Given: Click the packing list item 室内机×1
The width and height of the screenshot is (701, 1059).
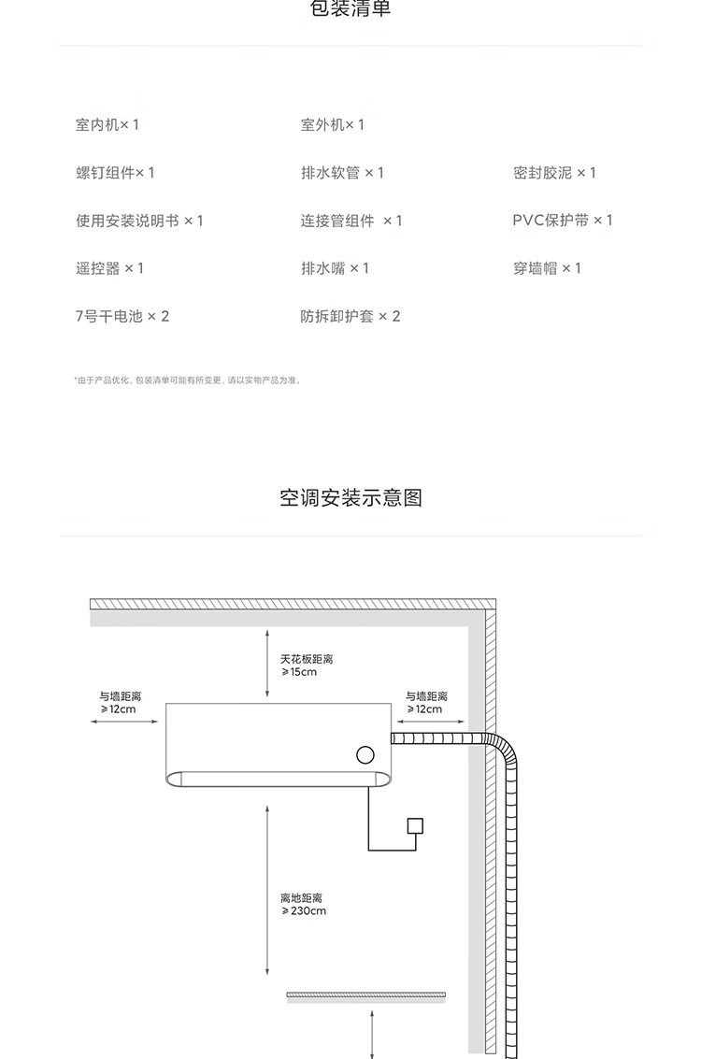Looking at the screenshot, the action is click(107, 125).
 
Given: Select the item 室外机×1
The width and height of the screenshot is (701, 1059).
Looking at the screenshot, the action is click(333, 125).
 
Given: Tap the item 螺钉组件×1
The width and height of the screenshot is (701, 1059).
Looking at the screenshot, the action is click(115, 173).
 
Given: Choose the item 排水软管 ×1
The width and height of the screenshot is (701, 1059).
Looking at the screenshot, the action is click(342, 173).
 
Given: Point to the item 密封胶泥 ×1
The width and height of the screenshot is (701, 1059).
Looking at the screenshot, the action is click(554, 173).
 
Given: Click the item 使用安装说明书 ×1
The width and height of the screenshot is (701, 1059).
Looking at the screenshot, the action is click(139, 221).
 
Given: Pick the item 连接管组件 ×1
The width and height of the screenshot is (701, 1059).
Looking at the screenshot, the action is click(351, 221).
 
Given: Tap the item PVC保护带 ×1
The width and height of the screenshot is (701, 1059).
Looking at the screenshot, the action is click(563, 221).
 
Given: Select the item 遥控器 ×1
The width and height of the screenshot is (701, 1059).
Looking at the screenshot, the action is click(110, 268).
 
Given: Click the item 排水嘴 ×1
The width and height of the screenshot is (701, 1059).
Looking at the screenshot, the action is click(335, 268).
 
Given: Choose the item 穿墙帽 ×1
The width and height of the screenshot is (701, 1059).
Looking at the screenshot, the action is click(547, 268).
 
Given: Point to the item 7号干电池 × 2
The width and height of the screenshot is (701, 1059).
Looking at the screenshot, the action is click(122, 317).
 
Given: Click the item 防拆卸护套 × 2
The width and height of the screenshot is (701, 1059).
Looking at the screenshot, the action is click(350, 317).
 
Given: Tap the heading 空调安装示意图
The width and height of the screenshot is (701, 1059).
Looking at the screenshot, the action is click(350, 497).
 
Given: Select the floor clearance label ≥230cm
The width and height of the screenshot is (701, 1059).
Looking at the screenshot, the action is click(304, 910).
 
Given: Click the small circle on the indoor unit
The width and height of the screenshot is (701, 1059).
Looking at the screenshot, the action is click(365, 755).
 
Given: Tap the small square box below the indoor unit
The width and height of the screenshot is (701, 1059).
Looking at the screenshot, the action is click(415, 826).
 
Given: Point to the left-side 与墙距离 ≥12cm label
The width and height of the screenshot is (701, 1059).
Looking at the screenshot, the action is click(120, 703).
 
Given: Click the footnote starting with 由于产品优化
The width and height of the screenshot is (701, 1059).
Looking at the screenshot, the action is click(188, 380).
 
